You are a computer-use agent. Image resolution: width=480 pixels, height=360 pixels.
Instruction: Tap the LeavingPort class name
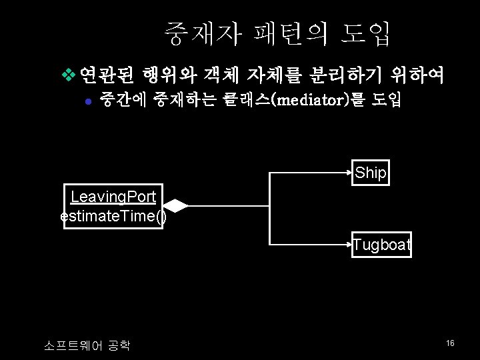point(113,197)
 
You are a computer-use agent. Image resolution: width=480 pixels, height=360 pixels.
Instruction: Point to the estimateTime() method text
point(113,216)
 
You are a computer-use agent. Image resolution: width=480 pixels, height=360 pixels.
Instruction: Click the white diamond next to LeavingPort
point(176,206)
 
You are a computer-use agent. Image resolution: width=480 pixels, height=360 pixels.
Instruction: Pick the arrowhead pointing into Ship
point(349,173)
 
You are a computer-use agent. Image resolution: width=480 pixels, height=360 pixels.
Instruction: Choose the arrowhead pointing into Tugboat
point(349,245)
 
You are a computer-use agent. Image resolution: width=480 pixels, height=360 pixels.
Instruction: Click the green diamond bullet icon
point(69,75)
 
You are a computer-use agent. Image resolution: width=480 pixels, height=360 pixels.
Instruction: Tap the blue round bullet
point(89,101)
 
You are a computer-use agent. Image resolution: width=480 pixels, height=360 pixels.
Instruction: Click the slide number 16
point(450,343)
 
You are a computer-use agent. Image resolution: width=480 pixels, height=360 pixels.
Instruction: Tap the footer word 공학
point(119,345)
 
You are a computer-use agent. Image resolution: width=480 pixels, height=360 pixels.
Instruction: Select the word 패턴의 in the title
point(291,33)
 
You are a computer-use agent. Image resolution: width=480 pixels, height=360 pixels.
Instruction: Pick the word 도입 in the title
point(365,33)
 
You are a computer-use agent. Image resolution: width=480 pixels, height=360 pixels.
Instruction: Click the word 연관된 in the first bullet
point(107,75)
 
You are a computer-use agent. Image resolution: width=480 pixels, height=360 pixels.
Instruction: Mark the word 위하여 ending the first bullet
point(417,75)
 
